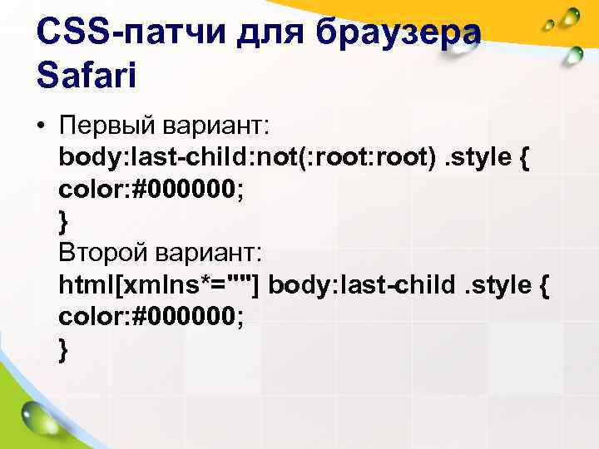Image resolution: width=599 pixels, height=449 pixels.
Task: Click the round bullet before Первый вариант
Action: [x=40, y=126]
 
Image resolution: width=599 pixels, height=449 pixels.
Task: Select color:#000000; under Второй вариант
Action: [x=152, y=317]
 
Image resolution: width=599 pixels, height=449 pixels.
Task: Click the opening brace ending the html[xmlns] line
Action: [x=542, y=285]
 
